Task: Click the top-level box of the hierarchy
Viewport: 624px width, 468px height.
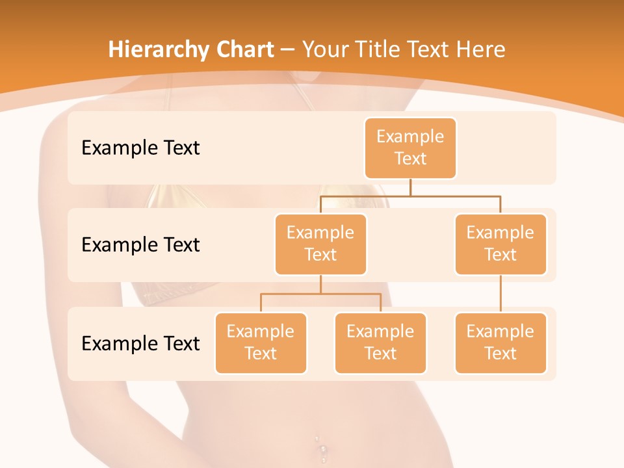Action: [x=410, y=148]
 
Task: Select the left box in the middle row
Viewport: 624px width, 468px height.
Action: [x=320, y=244]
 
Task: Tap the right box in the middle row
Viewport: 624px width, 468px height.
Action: [x=500, y=244]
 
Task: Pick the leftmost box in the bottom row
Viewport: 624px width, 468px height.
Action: [x=261, y=343]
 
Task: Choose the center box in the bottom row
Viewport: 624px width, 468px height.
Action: [x=380, y=343]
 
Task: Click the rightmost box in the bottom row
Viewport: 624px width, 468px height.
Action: [x=500, y=343]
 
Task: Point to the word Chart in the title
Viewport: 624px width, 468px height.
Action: [x=241, y=49]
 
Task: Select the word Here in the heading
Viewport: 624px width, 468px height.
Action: [x=480, y=49]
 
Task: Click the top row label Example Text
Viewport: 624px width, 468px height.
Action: [x=140, y=148]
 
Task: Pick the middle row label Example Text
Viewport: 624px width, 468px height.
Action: [x=140, y=245]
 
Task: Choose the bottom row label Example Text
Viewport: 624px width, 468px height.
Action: [x=140, y=343]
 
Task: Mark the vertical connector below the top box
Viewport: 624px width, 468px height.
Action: [x=410, y=187]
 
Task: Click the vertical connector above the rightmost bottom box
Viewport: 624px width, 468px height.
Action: [x=500, y=294]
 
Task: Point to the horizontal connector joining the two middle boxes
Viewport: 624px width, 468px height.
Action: [x=410, y=196]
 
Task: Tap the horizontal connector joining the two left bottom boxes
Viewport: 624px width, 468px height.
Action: [x=320, y=294]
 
